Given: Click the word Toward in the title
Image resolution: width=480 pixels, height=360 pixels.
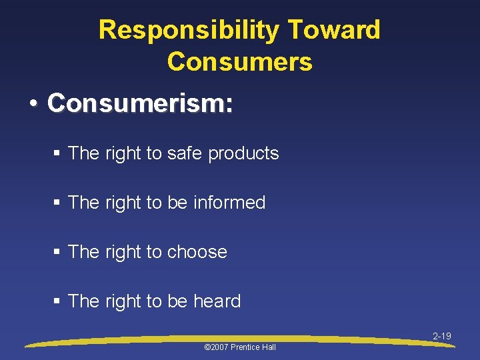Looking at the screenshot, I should (335, 31).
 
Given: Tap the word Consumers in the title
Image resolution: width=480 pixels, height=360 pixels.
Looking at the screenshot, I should (240, 61).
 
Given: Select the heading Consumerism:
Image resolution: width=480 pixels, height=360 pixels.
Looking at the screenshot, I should (140, 103).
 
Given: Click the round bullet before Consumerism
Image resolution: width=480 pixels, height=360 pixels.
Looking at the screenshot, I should (33, 104).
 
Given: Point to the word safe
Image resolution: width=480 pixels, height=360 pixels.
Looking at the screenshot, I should (185, 153).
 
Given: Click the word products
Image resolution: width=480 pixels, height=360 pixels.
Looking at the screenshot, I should (243, 154).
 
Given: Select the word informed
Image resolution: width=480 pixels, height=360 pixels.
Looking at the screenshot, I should (229, 203).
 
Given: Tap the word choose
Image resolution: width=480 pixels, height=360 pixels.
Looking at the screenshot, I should (197, 252).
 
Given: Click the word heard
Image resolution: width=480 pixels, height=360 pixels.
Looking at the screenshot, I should (217, 301).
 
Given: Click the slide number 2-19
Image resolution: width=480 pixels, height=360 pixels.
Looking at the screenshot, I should (442, 337).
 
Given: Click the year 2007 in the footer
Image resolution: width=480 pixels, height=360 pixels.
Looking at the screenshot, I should (219, 347).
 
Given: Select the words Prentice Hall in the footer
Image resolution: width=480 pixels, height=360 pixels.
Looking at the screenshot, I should (253, 347).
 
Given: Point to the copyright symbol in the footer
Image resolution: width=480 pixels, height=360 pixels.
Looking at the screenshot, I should (207, 347).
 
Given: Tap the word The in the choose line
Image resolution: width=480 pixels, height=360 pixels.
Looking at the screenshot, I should (84, 252).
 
